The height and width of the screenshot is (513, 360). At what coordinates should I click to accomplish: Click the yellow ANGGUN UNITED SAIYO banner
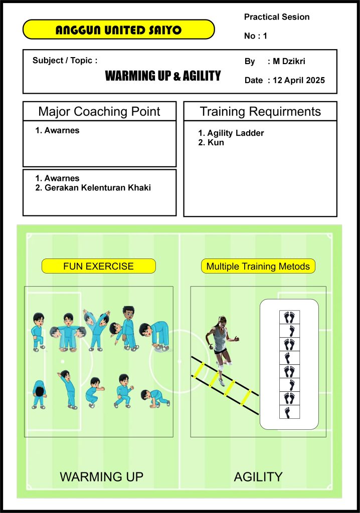coord(119,30)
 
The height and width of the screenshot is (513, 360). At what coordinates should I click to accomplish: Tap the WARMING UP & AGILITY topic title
coord(163,76)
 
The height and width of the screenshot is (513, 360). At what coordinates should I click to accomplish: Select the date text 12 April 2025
coord(299,80)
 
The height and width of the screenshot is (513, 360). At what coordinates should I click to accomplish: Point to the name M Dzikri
coord(289,61)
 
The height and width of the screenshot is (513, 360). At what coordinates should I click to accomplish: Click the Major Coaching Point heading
coord(99,111)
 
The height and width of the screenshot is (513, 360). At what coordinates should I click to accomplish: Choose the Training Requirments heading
coord(260,112)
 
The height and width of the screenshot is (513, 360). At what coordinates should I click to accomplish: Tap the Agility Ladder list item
coord(231,133)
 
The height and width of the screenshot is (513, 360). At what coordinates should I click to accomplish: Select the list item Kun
coord(211,142)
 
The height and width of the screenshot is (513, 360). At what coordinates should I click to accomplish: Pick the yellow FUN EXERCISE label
coord(99,266)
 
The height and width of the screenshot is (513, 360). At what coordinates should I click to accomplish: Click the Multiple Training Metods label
coord(258,266)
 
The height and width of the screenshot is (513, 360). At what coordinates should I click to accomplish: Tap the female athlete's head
coord(222,321)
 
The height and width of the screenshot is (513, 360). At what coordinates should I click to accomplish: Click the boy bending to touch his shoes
coord(154,336)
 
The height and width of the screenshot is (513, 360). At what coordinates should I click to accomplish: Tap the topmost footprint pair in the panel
coord(289,317)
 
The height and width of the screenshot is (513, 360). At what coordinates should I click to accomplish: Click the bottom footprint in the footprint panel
coord(288,412)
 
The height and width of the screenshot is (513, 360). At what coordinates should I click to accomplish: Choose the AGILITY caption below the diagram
coord(258,477)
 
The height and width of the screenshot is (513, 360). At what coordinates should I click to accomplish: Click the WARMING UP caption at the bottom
coord(102,477)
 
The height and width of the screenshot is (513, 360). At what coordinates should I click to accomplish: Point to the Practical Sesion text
coord(277,17)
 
